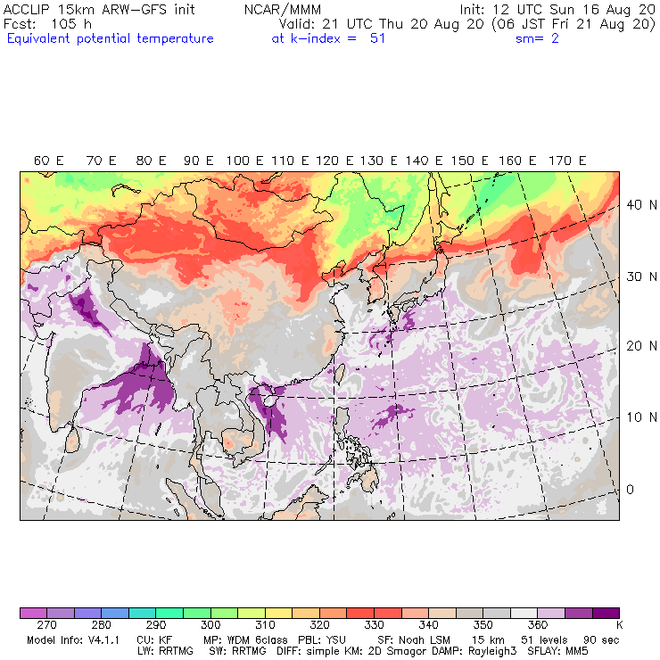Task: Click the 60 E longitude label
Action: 48,161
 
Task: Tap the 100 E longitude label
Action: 244,161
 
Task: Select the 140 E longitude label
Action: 424,161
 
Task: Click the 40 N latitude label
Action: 635,204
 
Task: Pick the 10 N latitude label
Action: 635,417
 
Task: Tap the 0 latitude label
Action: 629,490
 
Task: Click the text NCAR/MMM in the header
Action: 282,9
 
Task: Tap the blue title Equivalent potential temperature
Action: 110,39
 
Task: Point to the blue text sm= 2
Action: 537,39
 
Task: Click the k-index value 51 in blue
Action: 377,39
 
